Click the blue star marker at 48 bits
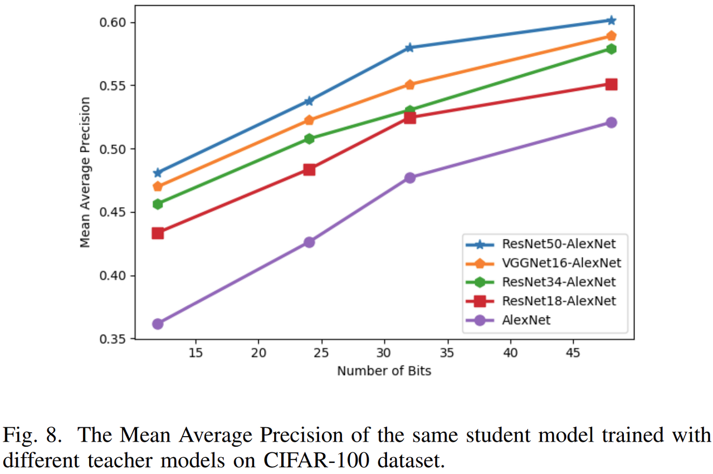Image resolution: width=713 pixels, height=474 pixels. (611, 21)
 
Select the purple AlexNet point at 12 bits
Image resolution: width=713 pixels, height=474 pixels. (158, 324)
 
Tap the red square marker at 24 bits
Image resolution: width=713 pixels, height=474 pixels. (309, 169)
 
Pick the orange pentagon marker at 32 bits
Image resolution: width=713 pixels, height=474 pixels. (410, 85)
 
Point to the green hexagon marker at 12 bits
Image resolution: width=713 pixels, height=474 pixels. (158, 204)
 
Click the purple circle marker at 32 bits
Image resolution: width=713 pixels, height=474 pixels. (410, 178)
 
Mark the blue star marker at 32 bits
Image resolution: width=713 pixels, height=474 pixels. (410, 47)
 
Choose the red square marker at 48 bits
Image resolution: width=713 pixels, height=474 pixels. (611, 84)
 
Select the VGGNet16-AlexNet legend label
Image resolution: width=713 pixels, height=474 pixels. (561, 262)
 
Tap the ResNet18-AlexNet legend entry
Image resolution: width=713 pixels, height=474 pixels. (559, 301)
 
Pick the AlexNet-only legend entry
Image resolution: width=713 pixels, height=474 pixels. (526, 320)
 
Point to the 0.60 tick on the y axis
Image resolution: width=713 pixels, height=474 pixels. (113, 23)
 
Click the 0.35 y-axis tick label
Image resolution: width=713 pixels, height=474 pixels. (113, 339)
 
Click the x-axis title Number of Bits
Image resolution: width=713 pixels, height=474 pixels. (384, 370)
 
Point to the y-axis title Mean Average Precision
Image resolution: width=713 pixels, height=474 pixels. (85, 172)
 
